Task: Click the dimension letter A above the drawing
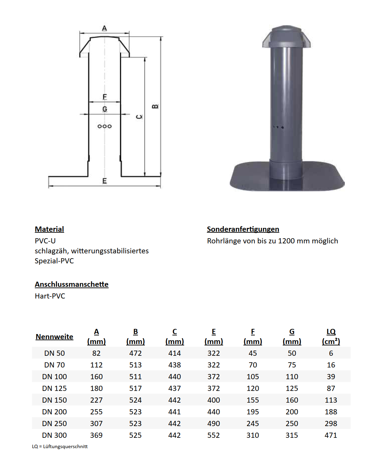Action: [104, 28]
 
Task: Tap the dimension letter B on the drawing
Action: [155, 106]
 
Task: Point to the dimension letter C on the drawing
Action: [139, 117]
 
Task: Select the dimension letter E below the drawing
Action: [104, 181]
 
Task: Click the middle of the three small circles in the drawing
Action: [104, 126]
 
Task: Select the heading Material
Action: [49, 229]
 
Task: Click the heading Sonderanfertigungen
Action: [243, 229]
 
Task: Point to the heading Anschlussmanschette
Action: [71, 284]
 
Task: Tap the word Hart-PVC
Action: [50, 296]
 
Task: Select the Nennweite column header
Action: [54, 337]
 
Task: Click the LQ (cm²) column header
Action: [331, 336]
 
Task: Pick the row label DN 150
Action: [54, 400]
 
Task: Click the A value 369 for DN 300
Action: [96, 435]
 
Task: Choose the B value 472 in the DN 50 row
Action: [136, 353]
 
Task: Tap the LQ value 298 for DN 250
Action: [331, 424]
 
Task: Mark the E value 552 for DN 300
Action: [213, 435]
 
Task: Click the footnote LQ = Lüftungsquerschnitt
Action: [60, 446]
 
